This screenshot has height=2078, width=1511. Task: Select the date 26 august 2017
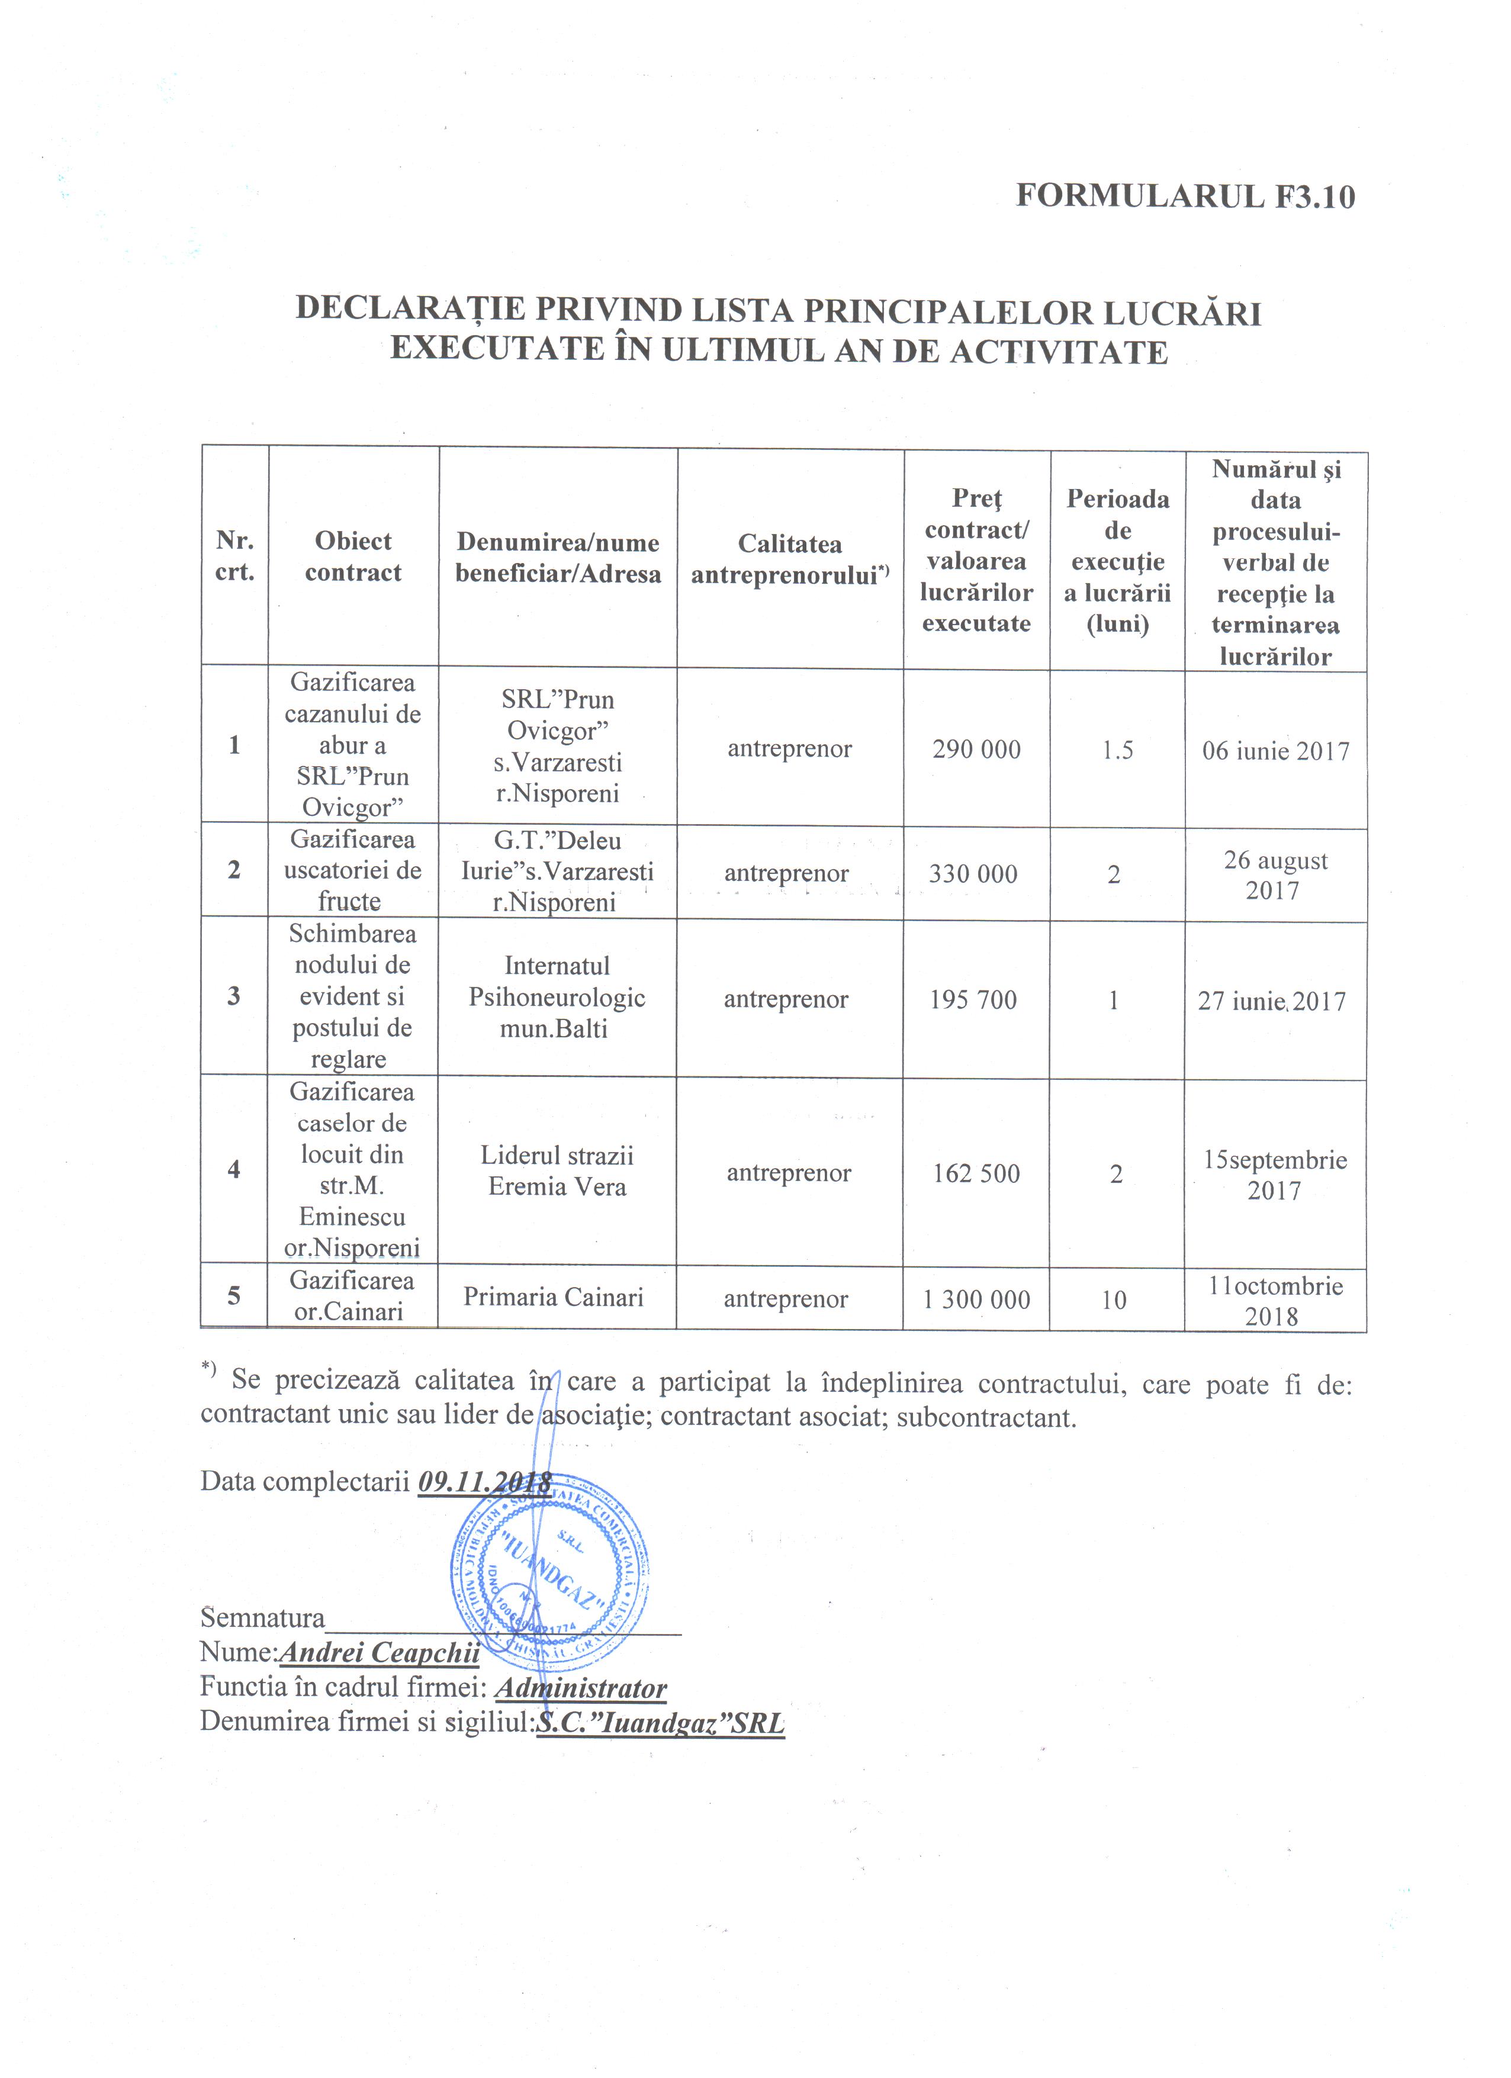pos(1275,875)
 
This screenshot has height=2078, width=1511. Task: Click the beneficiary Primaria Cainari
pos(554,1297)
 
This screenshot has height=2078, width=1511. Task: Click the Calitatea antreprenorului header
pos(790,559)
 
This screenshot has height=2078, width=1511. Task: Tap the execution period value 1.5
pos(1117,750)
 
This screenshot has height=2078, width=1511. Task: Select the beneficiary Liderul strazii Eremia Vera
pos(557,1171)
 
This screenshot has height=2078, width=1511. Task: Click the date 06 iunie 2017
pos(1275,751)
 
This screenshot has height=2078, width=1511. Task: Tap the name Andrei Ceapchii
pos(380,1652)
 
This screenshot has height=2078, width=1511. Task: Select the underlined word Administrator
pos(580,1688)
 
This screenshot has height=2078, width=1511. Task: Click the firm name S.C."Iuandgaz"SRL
pos(660,1723)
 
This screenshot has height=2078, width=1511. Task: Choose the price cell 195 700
pos(973,999)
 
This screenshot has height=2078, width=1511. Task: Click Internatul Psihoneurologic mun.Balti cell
pos(556,997)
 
